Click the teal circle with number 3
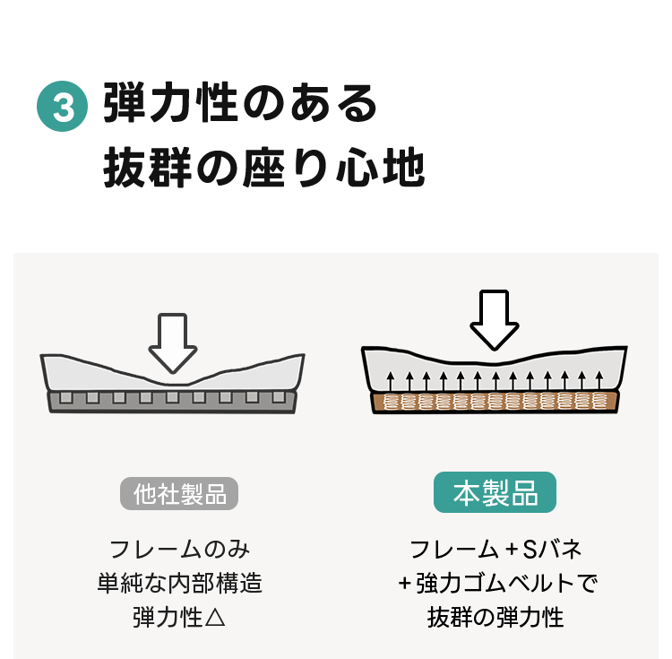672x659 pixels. click(x=63, y=106)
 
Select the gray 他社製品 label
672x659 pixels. click(x=179, y=493)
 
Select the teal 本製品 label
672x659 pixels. click(x=495, y=493)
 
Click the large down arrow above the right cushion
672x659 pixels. click(x=494, y=318)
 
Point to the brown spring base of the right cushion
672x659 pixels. click(x=494, y=402)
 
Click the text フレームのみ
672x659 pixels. click(x=179, y=549)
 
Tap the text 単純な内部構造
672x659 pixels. click(x=179, y=583)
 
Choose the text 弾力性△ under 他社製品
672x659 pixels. click(x=179, y=618)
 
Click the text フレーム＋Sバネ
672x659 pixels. click(x=495, y=549)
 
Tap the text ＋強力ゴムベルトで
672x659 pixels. click(x=495, y=583)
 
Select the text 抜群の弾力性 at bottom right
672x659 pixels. click(x=495, y=618)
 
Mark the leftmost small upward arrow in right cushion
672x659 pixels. click(x=392, y=380)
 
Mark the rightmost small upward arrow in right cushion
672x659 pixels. click(x=599, y=380)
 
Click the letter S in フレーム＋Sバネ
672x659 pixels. click(x=529, y=549)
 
